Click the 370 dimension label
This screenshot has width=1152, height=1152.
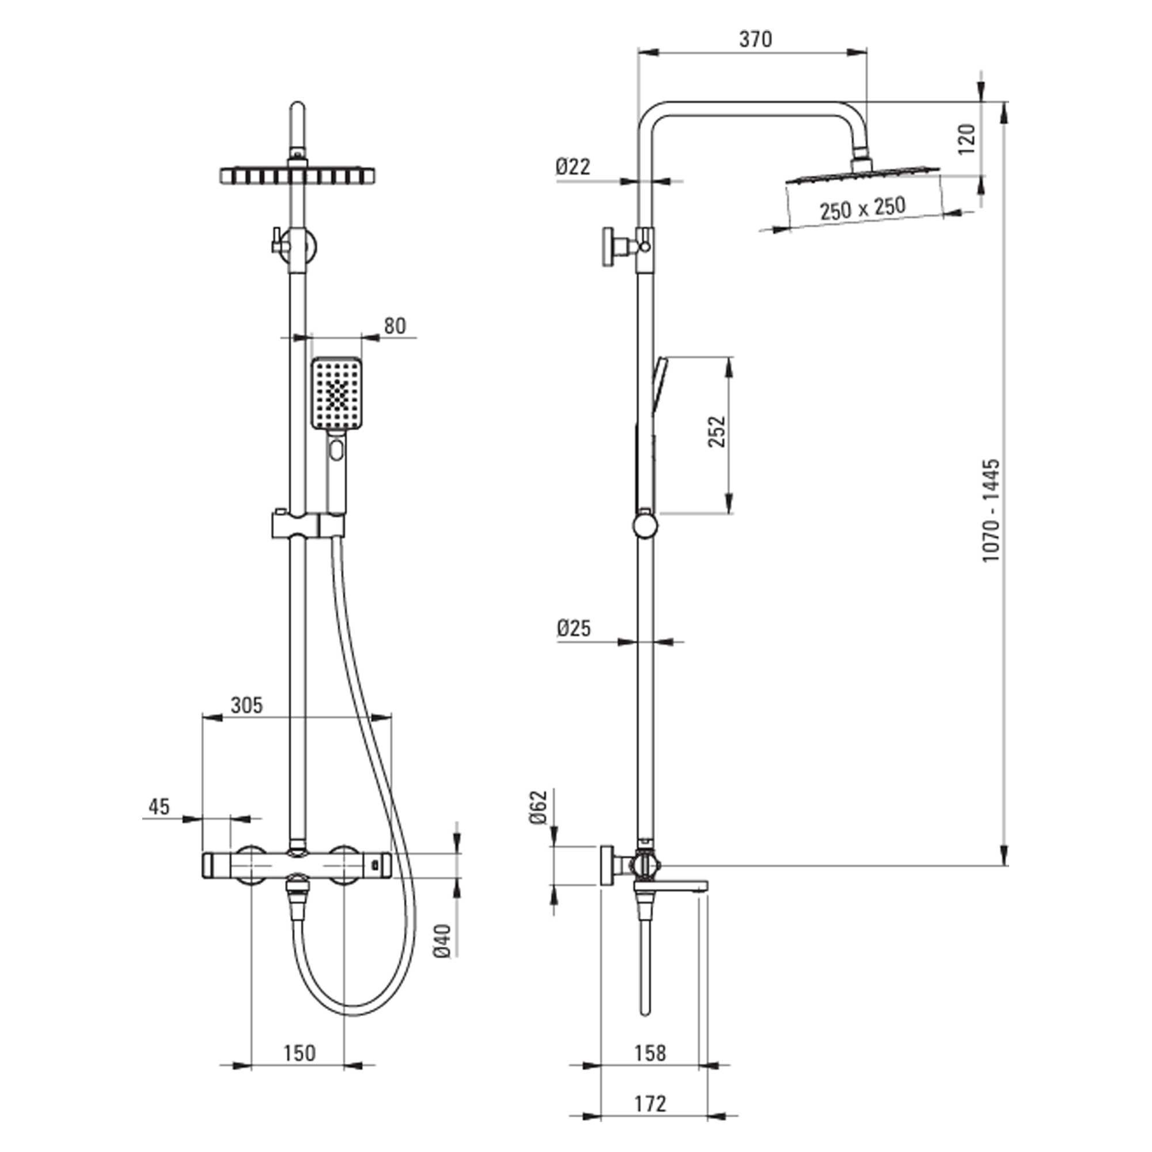756,39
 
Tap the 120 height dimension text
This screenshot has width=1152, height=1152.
967,139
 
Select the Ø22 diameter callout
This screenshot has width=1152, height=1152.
573,166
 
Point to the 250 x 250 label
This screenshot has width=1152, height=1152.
862,209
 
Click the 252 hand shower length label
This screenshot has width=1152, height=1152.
717,431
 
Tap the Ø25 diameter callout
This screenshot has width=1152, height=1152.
574,628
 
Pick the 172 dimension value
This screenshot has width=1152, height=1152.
649,1104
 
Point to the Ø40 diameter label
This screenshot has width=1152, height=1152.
442,941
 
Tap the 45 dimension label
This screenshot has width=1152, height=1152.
159,807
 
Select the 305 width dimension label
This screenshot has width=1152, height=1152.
247,706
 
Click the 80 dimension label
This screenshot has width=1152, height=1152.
395,326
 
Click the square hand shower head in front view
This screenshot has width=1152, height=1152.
337,393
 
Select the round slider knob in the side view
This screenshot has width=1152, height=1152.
645,526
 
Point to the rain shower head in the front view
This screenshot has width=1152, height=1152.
298,176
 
